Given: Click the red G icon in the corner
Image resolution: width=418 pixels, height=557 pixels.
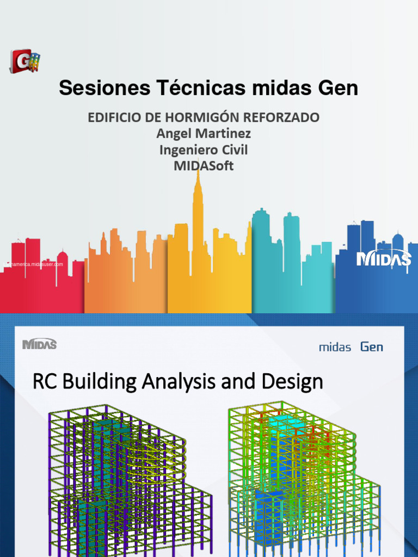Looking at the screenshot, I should (24, 61).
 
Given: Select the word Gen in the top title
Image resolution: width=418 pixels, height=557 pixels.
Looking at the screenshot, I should (337, 88).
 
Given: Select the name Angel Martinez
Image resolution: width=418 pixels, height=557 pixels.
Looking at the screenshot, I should (204, 133).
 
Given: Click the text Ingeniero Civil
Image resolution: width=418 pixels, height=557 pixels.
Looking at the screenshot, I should (204, 150).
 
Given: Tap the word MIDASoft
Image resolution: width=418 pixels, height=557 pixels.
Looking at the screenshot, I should (204, 166).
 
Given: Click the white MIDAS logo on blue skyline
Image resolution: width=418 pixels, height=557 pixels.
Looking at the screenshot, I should (384, 259).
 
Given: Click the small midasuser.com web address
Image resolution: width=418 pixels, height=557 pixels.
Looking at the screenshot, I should (34, 264).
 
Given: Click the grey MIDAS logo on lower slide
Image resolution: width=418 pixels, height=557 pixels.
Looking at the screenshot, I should (39, 344).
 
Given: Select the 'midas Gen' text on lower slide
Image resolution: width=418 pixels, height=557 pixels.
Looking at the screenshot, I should (351, 347).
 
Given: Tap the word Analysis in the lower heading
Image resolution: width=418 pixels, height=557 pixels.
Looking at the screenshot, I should (178, 382).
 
